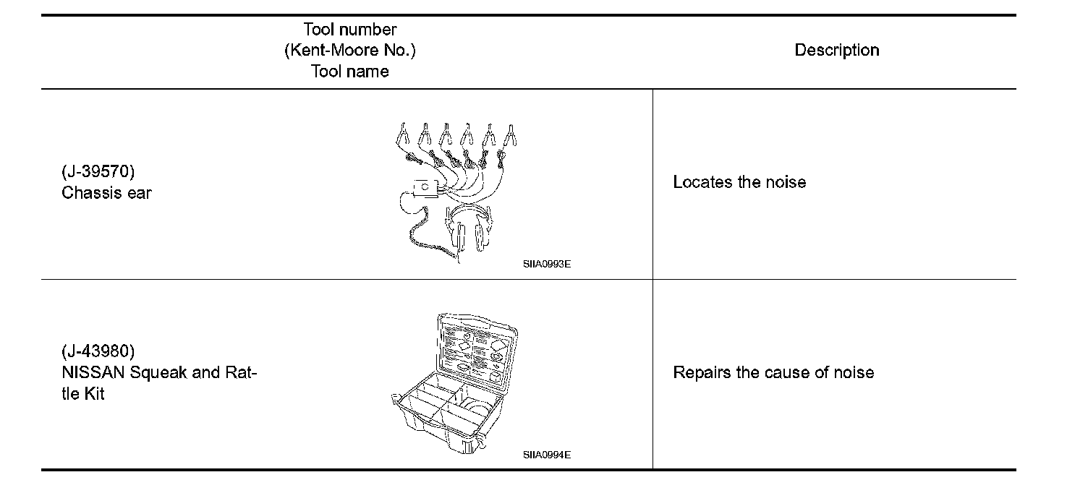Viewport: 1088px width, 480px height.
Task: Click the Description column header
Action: click(836, 51)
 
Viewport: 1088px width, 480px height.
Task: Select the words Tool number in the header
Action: click(350, 30)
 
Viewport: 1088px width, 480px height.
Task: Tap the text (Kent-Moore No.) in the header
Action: click(350, 51)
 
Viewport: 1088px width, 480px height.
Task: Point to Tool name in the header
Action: click(350, 72)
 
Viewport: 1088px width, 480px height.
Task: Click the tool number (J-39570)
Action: click(98, 173)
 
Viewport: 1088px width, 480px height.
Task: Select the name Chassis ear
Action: click(107, 193)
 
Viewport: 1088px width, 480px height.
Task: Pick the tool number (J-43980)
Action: click(98, 352)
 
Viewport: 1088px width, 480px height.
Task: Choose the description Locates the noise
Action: click(739, 182)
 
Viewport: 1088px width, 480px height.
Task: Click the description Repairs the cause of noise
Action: click(773, 373)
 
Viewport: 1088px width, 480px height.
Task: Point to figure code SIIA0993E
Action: click(547, 265)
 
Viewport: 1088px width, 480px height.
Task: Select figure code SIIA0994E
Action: click(547, 455)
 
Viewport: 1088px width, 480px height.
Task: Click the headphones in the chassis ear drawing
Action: click(470, 228)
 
